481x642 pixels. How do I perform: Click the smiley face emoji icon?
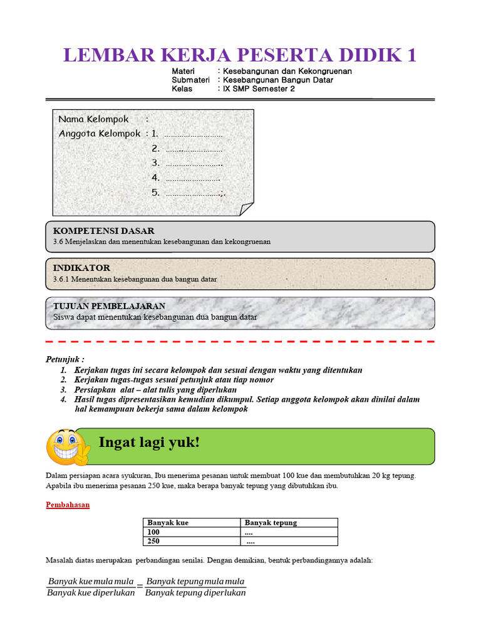67,446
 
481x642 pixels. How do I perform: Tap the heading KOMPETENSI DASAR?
103,231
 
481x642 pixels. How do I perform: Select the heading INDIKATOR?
81,268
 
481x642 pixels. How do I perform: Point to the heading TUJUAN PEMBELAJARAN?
109,306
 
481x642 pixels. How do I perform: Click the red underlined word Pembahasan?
68,505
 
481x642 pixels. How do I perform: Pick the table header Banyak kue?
168,522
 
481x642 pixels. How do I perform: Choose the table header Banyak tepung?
271,522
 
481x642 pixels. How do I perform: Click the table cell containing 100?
153,532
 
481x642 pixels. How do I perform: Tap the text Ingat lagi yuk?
149,443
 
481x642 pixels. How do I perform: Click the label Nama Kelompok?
93,119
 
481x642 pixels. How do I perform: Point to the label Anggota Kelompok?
100,134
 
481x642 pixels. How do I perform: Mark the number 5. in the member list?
156,192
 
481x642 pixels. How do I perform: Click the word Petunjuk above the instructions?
64,359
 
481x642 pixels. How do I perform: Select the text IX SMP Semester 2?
256,89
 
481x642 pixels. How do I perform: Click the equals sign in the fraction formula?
140,587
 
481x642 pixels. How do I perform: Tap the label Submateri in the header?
190,80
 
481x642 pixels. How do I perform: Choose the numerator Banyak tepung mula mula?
195,581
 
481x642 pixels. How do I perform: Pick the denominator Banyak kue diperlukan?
91,594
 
